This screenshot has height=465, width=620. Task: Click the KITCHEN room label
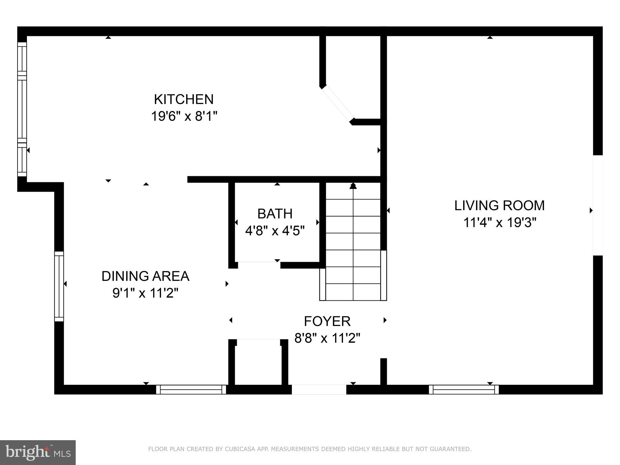184,99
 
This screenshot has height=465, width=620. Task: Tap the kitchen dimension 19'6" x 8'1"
184,116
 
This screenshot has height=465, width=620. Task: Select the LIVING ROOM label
499,206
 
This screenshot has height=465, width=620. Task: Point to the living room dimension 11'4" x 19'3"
500,223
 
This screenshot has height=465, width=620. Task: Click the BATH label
275,214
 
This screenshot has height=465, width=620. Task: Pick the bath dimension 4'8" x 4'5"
275,231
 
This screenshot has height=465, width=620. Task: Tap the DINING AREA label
145,276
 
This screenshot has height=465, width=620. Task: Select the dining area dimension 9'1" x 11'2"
145,293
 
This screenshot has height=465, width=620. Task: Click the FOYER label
327,321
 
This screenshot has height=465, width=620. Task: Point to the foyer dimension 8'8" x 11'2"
327,338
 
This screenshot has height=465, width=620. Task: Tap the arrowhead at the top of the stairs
353,186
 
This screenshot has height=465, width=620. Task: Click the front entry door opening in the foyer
319,390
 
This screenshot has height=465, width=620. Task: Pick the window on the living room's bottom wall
463,390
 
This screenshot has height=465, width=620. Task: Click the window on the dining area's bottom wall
191,390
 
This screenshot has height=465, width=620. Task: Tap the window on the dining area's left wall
59,286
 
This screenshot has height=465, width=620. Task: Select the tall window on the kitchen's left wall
22,109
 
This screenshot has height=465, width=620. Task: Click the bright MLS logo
38,452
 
